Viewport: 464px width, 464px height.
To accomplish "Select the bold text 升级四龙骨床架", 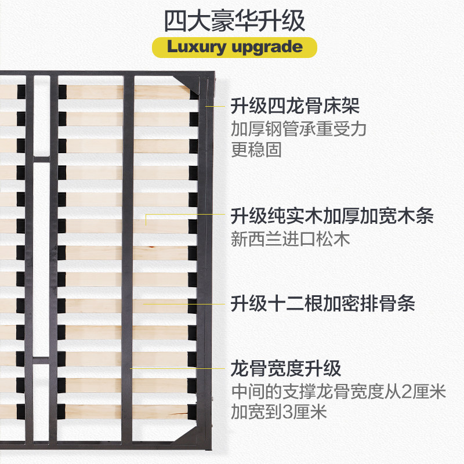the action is tap(295, 107).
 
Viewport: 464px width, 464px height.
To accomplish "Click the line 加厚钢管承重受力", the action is tap(299, 129).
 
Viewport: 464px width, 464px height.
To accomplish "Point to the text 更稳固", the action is tap(256, 150).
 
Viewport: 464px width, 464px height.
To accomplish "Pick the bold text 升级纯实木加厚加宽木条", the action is tap(332, 217).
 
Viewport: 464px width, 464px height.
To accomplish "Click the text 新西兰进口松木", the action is tap(291, 239).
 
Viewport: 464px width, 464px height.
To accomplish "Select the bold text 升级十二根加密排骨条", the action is tap(323, 303).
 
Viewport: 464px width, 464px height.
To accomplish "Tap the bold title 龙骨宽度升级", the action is tap(286, 368).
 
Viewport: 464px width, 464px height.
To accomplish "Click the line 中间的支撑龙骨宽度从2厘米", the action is tap(338, 391).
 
